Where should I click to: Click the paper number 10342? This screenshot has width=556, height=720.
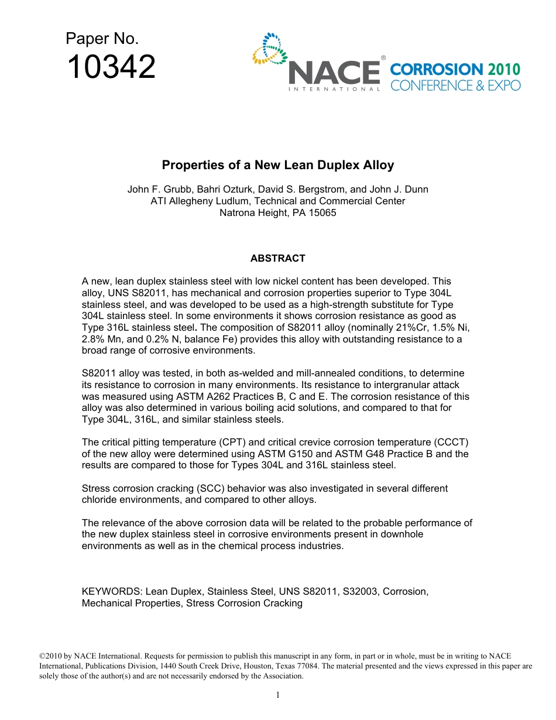[111, 67]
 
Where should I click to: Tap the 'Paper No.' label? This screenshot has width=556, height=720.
[102, 39]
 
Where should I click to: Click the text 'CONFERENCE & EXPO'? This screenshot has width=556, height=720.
[455, 85]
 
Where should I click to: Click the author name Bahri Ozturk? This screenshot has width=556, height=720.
[211, 190]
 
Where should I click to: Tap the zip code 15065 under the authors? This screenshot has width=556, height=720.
[322, 213]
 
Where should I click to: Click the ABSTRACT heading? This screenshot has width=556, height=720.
[277, 258]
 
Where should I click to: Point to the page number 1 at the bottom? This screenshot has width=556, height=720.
[278, 695]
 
